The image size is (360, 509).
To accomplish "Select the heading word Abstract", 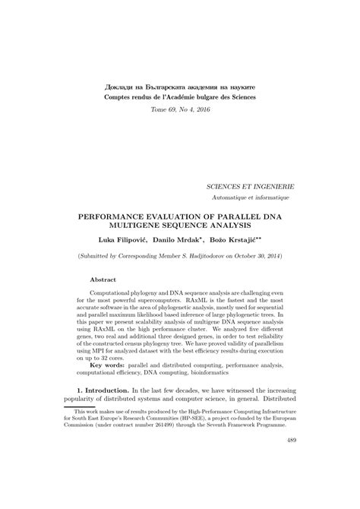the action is click(105, 280).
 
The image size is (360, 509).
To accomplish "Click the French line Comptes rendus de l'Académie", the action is click(180, 98).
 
